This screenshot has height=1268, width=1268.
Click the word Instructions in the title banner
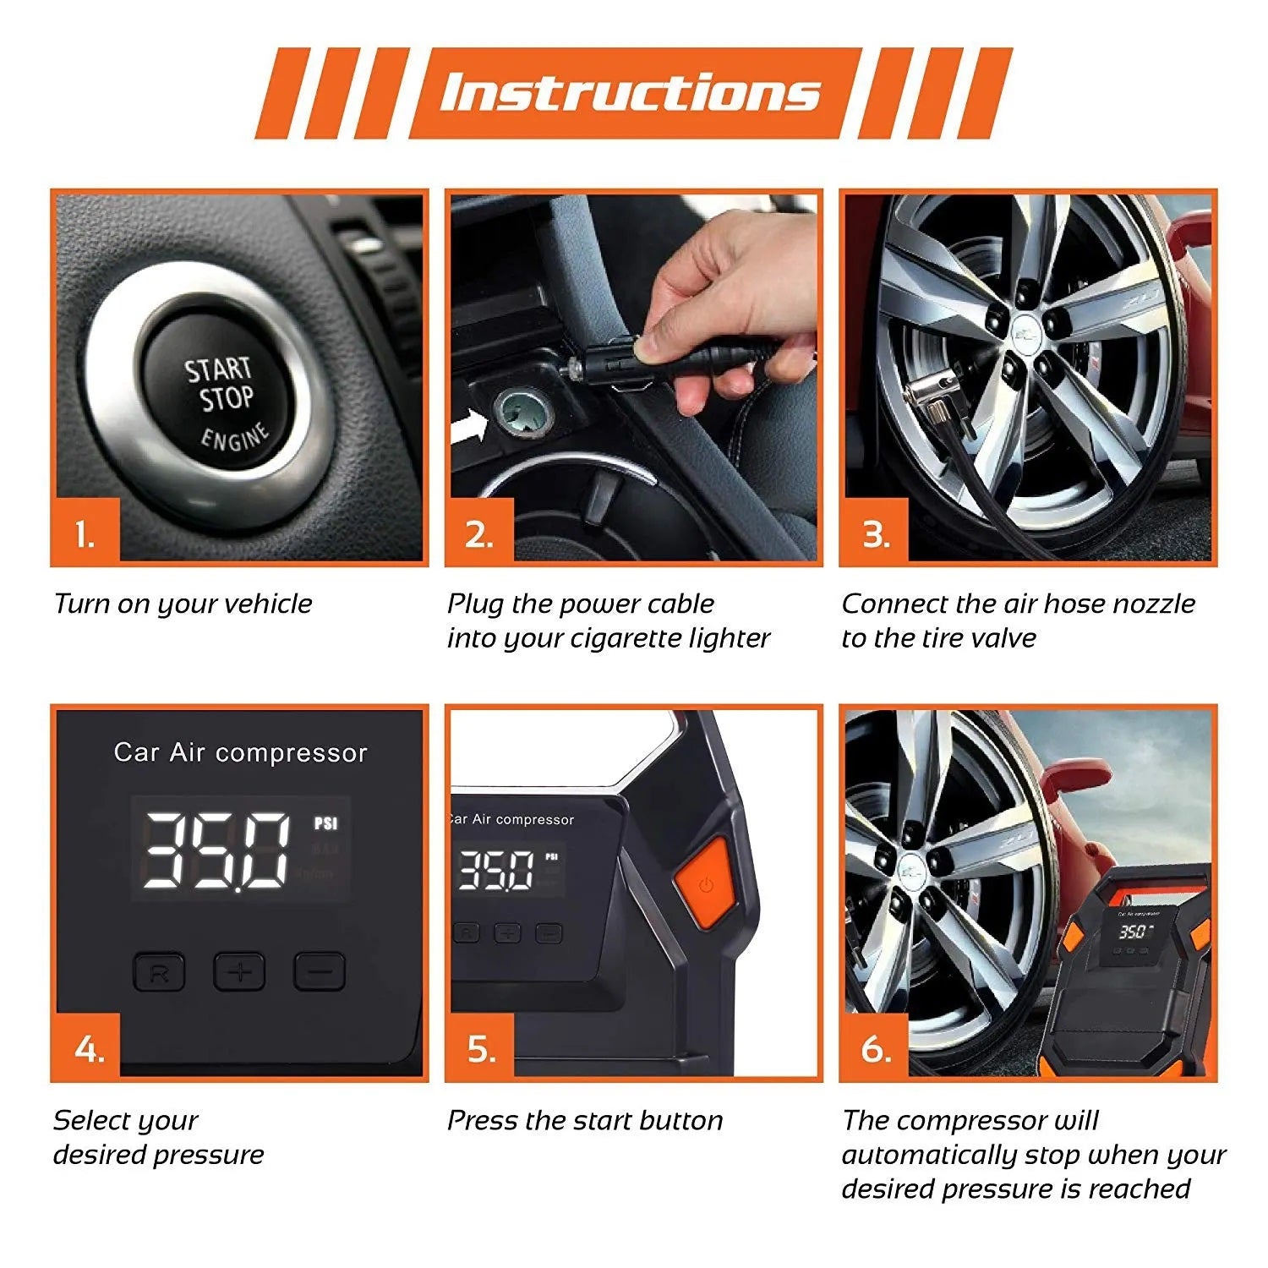[630, 93]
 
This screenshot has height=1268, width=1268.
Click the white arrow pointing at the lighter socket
[469, 427]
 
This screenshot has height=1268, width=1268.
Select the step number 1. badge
[85, 533]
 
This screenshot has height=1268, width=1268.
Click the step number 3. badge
[875, 533]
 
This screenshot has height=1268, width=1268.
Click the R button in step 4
[159, 972]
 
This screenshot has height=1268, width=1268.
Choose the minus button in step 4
[320, 971]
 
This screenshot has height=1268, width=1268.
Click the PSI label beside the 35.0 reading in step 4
[325, 823]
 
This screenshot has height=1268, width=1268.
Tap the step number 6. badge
[875, 1048]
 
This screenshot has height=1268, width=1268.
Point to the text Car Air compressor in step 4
[241, 752]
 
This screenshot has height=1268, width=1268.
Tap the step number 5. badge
[481, 1048]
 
